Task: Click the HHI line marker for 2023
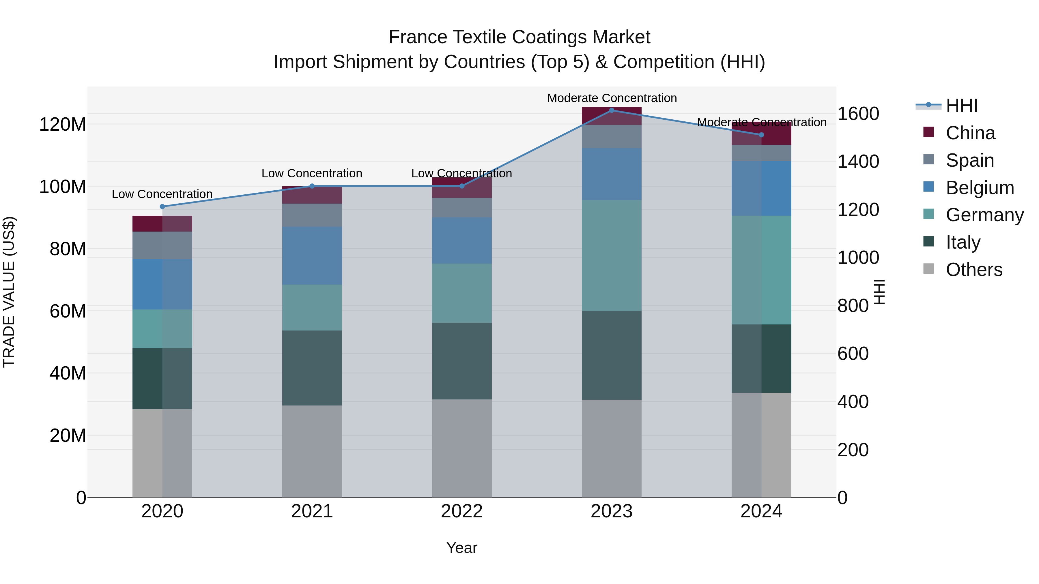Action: pos(612,110)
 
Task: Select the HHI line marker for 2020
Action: pos(162,207)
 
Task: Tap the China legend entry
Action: pos(970,133)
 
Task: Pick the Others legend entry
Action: pos(974,270)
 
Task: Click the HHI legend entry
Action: pos(962,106)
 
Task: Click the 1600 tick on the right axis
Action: pos(858,114)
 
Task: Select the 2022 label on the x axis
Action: pos(462,511)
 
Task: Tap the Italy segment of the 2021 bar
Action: pos(312,368)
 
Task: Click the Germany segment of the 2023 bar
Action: pos(612,255)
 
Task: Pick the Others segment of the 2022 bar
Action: pos(462,448)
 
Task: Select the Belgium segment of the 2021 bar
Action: pos(312,256)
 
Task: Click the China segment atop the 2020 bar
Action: pos(162,224)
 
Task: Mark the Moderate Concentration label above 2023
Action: pos(612,98)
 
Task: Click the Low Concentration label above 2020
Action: pos(162,194)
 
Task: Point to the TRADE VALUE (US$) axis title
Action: pos(9,292)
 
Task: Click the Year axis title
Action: pos(462,548)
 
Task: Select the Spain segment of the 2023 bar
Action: pos(612,136)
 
